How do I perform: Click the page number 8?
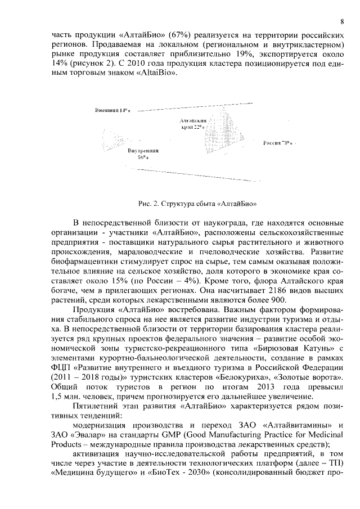pyautogui.click(x=342, y=21)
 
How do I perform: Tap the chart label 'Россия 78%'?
pyautogui.click(x=280, y=144)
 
